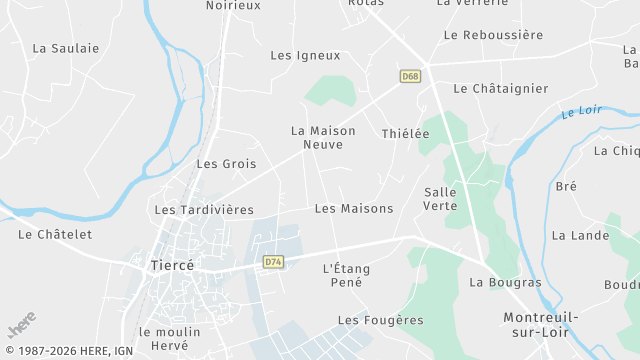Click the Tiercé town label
pyautogui.click(x=170, y=265)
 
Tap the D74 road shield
pyautogui.click(x=273, y=262)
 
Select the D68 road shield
pyautogui.click(x=410, y=76)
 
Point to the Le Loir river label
pyautogui.click(x=581, y=111)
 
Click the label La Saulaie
pyautogui.click(x=66, y=47)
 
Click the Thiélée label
pyautogui.click(x=405, y=133)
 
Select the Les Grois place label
pyautogui.click(x=226, y=163)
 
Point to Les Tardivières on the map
pyautogui.click(x=204, y=210)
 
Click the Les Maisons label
pyautogui.click(x=353, y=208)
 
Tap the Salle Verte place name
pyautogui.click(x=440, y=198)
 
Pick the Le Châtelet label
pyautogui.click(x=55, y=234)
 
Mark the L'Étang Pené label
pyautogui.click(x=343, y=275)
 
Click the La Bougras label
pyautogui.click(x=505, y=282)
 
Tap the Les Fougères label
pyautogui.click(x=380, y=320)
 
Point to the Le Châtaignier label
pyautogui.click(x=500, y=88)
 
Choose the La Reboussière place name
pyautogui.click(x=493, y=34)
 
